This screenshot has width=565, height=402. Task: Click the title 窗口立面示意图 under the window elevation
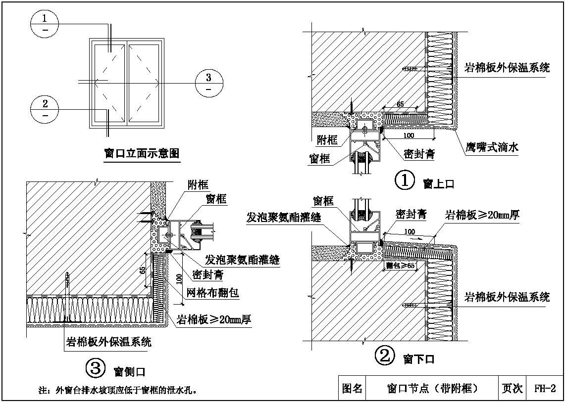click(x=142, y=154)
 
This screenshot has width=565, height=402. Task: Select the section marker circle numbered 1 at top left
click(x=45, y=23)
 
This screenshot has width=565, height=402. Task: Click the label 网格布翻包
click(x=212, y=293)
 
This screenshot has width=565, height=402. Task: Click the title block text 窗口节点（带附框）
click(x=432, y=389)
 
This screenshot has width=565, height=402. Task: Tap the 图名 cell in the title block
click(x=352, y=389)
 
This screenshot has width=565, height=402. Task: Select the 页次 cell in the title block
click(x=512, y=389)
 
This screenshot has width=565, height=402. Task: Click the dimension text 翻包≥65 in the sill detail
click(x=400, y=266)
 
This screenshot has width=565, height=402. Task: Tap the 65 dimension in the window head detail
click(x=400, y=104)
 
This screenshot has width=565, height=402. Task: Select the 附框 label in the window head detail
click(x=327, y=140)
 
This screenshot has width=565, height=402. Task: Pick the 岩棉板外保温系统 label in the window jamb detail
click(x=109, y=342)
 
